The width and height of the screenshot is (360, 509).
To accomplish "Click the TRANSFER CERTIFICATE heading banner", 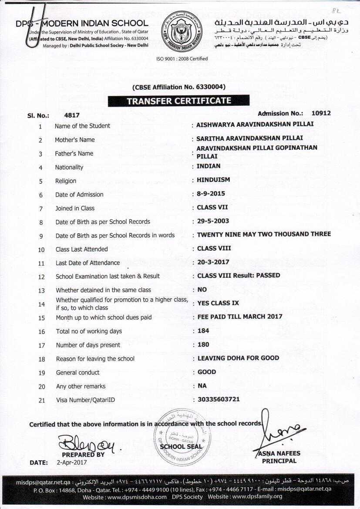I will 178,101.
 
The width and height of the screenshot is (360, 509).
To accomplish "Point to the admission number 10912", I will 321,113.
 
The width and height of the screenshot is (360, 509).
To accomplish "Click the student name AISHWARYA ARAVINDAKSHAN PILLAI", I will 255,124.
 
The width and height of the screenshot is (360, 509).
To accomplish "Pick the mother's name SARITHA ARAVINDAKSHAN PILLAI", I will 249,138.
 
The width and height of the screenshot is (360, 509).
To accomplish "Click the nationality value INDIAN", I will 209,166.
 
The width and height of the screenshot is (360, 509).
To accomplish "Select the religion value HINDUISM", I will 213,180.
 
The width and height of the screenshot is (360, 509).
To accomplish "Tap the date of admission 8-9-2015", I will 211,193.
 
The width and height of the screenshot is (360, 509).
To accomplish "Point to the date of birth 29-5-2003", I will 213,221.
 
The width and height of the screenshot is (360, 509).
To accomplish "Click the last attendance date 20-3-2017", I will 213,262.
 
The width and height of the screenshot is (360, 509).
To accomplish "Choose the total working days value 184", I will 203,330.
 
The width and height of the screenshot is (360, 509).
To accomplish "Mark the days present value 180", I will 203,344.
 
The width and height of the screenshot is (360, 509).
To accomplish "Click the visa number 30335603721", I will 219,399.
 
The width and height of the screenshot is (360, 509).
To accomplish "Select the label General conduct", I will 77,372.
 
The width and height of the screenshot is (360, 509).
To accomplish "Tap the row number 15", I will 41,318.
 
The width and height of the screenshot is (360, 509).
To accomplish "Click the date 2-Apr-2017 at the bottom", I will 72,462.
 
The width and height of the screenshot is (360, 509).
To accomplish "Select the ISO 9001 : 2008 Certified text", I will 182,59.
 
